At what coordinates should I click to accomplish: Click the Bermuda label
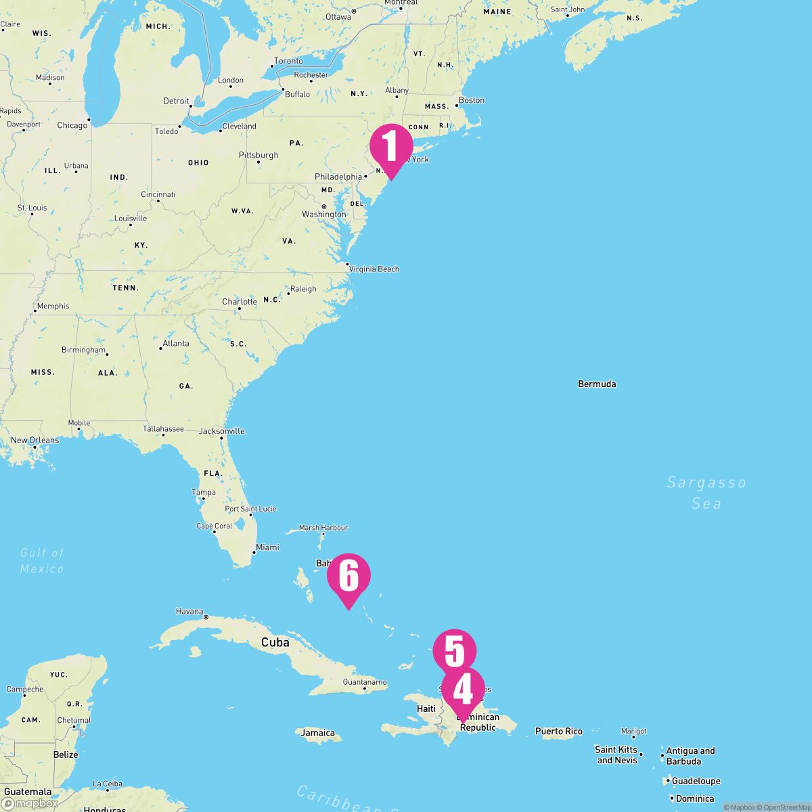[597, 384]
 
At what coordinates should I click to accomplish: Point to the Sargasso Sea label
[706, 493]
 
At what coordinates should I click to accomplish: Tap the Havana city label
[189, 612]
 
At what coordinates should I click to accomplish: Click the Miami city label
[267, 547]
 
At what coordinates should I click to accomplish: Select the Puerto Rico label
[558, 731]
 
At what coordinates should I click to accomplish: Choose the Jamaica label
[318, 733]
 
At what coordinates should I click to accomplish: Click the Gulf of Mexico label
[42, 560]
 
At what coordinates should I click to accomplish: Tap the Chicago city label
[72, 125]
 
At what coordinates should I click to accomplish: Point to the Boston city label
[472, 100]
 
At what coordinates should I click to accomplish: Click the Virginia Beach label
[374, 269]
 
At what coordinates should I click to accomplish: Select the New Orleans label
[35, 441]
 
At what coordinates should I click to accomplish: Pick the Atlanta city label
[176, 344]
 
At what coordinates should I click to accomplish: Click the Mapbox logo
[30, 803]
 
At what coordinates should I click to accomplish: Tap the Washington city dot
[324, 206]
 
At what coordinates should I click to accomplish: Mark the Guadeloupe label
[696, 781]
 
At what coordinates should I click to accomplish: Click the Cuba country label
[275, 642]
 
